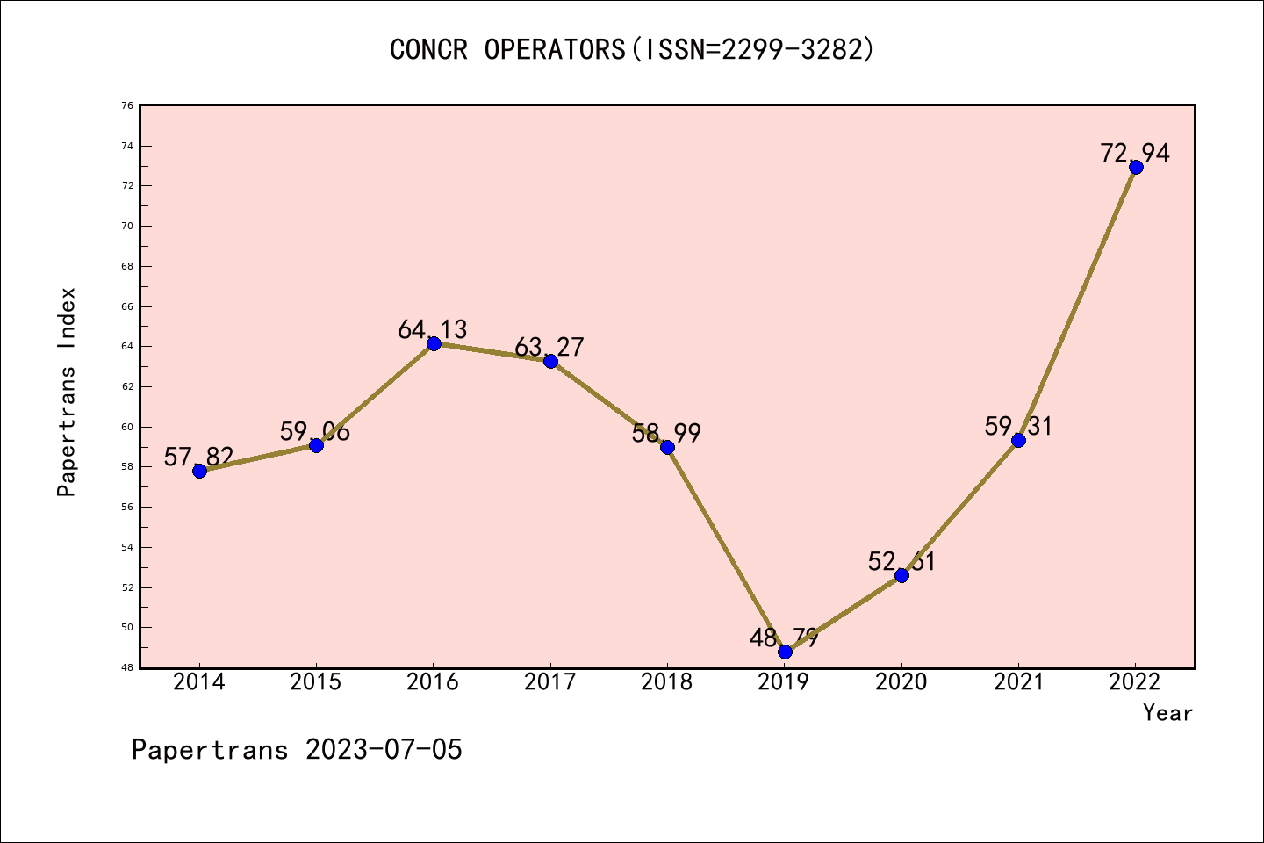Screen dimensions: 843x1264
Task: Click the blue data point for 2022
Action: [1136, 167]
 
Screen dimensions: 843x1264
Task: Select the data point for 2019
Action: [785, 652]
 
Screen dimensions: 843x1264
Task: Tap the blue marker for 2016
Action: [434, 343]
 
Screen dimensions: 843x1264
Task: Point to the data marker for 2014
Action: [199, 471]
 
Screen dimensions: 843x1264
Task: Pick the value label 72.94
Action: [1135, 153]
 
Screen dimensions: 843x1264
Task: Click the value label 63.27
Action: [549, 347]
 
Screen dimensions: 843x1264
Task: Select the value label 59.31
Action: [1018, 426]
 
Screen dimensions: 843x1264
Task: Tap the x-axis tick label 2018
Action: [667, 682]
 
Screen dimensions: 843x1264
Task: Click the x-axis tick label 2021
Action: [1018, 682]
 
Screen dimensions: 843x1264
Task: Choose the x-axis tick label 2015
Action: [316, 682]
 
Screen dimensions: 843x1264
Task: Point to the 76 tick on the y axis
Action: [128, 105]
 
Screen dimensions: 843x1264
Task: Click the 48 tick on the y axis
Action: [128, 667]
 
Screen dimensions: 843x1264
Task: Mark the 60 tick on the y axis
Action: [128, 427]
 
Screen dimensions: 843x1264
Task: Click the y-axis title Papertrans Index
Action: [68, 392]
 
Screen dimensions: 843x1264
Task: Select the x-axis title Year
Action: [1167, 713]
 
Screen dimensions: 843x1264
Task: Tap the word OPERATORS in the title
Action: [554, 49]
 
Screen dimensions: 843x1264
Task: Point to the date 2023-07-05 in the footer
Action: [384, 750]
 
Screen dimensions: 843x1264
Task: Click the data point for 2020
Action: [901, 575]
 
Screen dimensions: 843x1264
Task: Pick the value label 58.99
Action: [666, 433]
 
